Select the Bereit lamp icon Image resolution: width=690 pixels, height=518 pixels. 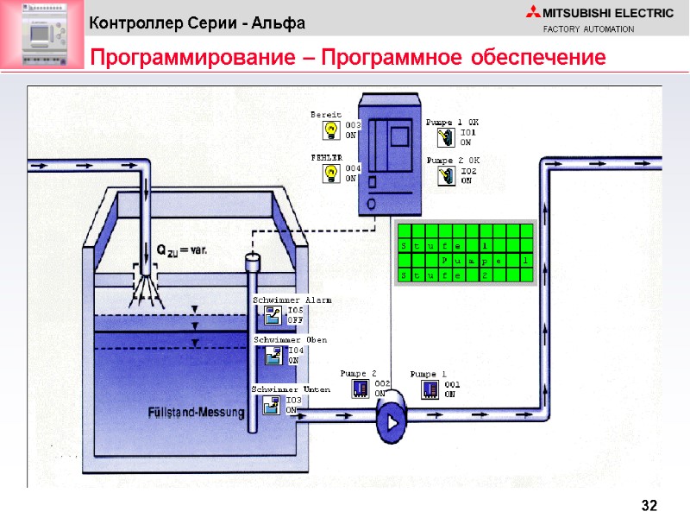(330, 129)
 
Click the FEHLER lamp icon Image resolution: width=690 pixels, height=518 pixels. (330, 173)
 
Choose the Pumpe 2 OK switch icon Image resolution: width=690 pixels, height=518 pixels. (447, 176)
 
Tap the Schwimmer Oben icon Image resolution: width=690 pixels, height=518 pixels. (273, 355)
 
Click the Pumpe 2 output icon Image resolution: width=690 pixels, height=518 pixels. (361, 389)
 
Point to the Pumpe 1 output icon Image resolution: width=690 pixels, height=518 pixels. (430, 389)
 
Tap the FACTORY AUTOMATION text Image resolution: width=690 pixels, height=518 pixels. (588, 30)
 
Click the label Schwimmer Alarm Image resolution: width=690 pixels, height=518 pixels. (292, 300)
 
